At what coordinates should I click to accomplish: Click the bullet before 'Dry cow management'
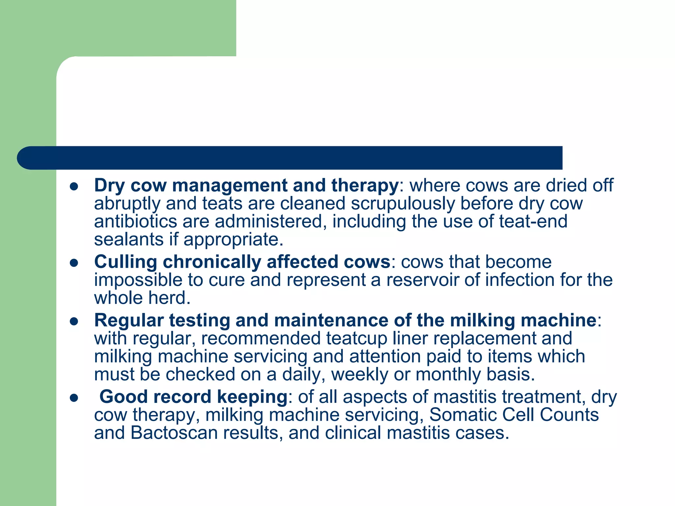[74, 187]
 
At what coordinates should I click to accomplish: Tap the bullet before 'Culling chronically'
[74, 263]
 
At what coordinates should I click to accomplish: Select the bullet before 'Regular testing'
[74, 322]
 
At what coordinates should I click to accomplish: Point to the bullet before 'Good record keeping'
[74, 398]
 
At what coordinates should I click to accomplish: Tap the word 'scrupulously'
[403, 204]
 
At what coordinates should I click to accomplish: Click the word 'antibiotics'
[135, 221]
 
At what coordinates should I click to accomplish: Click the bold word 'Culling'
[126, 262]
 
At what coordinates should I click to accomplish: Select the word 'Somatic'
[463, 415]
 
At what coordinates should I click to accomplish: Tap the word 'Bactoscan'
[174, 433]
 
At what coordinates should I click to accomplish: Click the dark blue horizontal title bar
[290, 158]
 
